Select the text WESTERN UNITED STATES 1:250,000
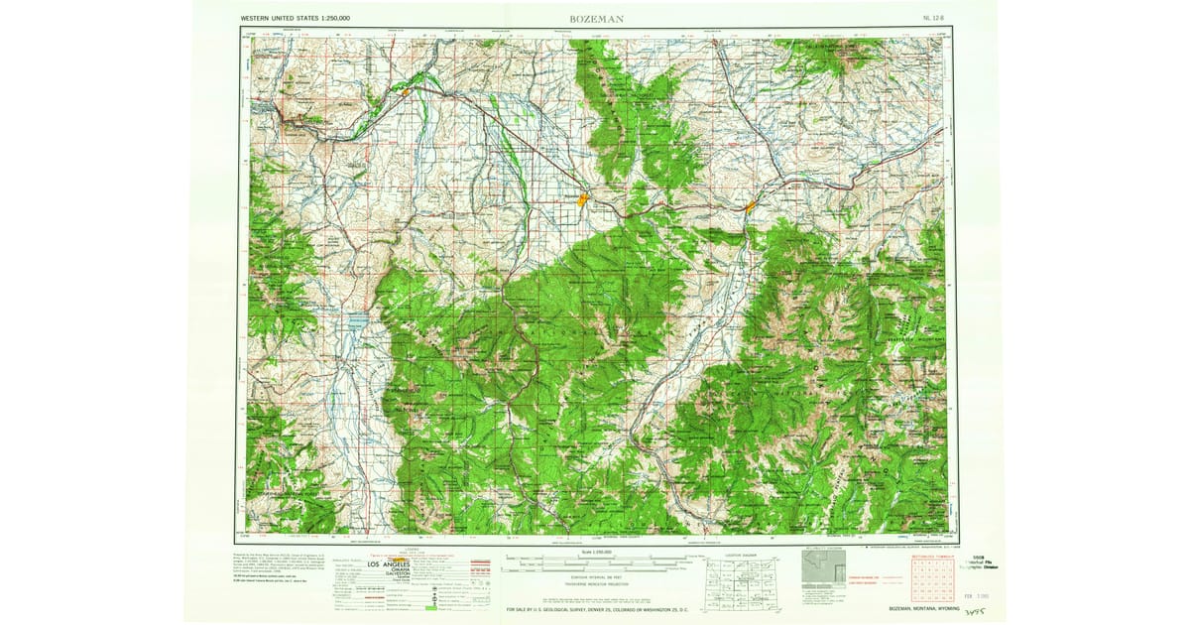pos(296,18)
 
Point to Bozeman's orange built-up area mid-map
pos(584,198)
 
